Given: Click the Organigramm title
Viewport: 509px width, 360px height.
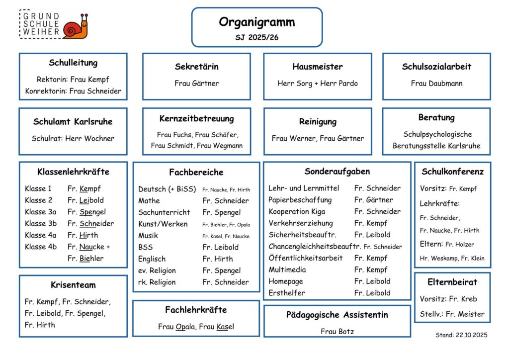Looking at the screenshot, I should [256, 22].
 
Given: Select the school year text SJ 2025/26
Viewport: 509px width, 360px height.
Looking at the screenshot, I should [256, 37].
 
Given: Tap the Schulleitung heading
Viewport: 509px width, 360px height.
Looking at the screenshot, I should [73, 63].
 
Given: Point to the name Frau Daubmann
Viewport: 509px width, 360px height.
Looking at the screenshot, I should [436, 83].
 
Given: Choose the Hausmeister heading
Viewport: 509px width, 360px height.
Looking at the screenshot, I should [317, 67].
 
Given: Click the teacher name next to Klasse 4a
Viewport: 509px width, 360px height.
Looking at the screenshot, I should [83, 235].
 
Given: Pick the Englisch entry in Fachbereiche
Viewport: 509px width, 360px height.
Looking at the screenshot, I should [152, 259].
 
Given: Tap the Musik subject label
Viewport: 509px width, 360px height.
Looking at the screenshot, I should [149, 236].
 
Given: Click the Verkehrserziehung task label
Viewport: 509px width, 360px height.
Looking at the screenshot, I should [301, 223].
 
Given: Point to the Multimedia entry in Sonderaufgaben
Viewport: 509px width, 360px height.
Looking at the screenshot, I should [287, 270].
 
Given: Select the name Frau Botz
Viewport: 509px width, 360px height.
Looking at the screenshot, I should [337, 331].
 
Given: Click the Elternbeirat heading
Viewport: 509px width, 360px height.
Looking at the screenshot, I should [452, 282].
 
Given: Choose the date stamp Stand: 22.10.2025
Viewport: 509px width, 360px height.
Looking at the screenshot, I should [461, 335].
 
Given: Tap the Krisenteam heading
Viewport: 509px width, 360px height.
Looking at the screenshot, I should [73, 285].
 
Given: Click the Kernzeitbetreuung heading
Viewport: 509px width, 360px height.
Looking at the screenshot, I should [196, 119].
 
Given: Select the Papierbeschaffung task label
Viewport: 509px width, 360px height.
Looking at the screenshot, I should [300, 200].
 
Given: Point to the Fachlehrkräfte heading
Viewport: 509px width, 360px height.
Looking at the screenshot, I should [196, 310].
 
